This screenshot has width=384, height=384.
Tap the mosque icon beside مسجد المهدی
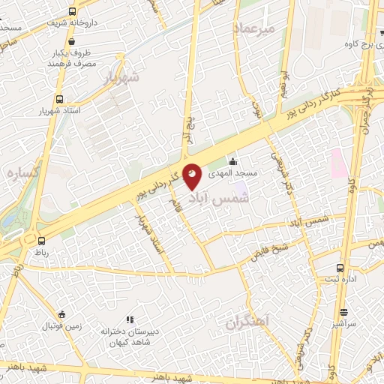[233, 161]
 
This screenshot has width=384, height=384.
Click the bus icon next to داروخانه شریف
[72, 12]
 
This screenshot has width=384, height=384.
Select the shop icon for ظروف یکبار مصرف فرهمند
[58, 53]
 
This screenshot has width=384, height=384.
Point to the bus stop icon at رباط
[41, 241]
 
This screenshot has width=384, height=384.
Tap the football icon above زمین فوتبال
[61, 314]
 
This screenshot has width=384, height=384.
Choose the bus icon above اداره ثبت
[340, 268]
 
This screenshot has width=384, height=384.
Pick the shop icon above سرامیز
[343, 313]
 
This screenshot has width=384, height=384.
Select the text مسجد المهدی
[232, 172]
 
